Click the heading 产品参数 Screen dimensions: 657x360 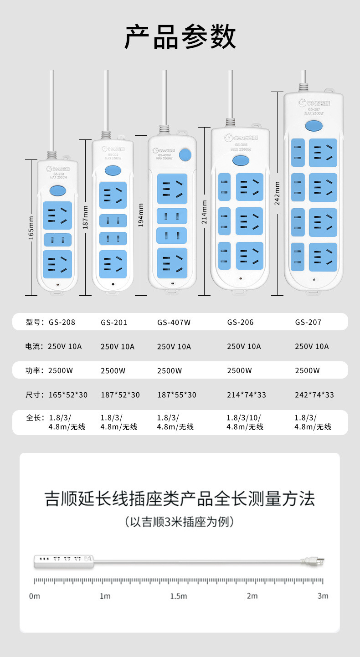tap(180, 37)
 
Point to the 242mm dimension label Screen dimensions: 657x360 tap(277, 193)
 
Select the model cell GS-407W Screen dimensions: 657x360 tap(174, 323)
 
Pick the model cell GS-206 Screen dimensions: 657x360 tap(240, 323)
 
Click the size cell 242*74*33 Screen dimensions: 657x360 tap(314, 395)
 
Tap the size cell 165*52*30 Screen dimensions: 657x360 tap(68, 395)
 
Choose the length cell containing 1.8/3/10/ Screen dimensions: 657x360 tap(245, 422)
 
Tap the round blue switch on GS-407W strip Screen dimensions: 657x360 tap(185, 155)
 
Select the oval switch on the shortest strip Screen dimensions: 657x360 tap(57, 190)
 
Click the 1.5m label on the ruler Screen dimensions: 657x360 tap(179, 596)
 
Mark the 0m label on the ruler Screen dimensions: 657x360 tap(35, 596)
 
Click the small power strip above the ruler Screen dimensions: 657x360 tap(64, 561)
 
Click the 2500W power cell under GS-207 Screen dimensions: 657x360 tap(307, 371)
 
